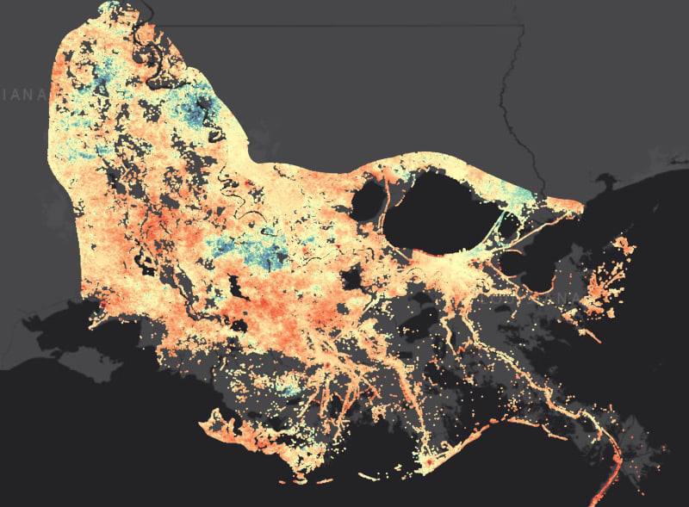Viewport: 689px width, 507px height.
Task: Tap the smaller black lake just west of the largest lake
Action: [368, 200]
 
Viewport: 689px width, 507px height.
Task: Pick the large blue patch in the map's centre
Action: [258, 250]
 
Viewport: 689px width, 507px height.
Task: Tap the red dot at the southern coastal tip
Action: [424, 466]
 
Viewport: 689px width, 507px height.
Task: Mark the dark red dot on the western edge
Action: [102, 303]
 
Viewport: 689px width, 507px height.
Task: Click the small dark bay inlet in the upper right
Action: [603, 182]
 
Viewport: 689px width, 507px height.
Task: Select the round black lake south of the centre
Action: [351, 280]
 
